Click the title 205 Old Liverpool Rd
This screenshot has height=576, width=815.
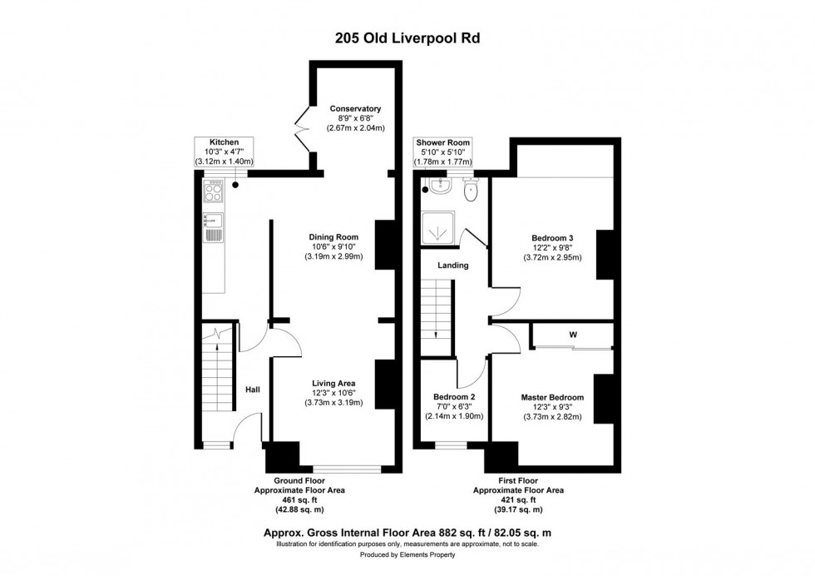pyautogui.click(x=407, y=37)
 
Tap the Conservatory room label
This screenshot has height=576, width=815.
pyautogui.click(x=355, y=108)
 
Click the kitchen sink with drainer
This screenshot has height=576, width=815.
pyautogui.click(x=213, y=226)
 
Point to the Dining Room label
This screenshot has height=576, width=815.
pyautogui.click(x=332, y=236)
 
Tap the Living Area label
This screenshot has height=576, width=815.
pyautogui.click(x=333, y=384)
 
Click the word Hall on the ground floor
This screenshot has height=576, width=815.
pyautogui.click(x=253, y=389)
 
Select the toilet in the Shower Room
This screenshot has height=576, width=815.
pyautogui.click(x=472, y=191)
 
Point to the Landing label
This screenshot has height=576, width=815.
pyautogui.click(x=454, y=266)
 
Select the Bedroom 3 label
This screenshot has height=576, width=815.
pyautogui.click(x=553, y=237)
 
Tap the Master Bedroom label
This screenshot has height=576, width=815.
pyautogui.click(x=552, y=397)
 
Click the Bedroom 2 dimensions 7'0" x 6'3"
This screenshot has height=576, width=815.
pyautogui.click(x=453, y=407)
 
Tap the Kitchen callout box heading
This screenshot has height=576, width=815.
pyautogui.click(x=224, y=142)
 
